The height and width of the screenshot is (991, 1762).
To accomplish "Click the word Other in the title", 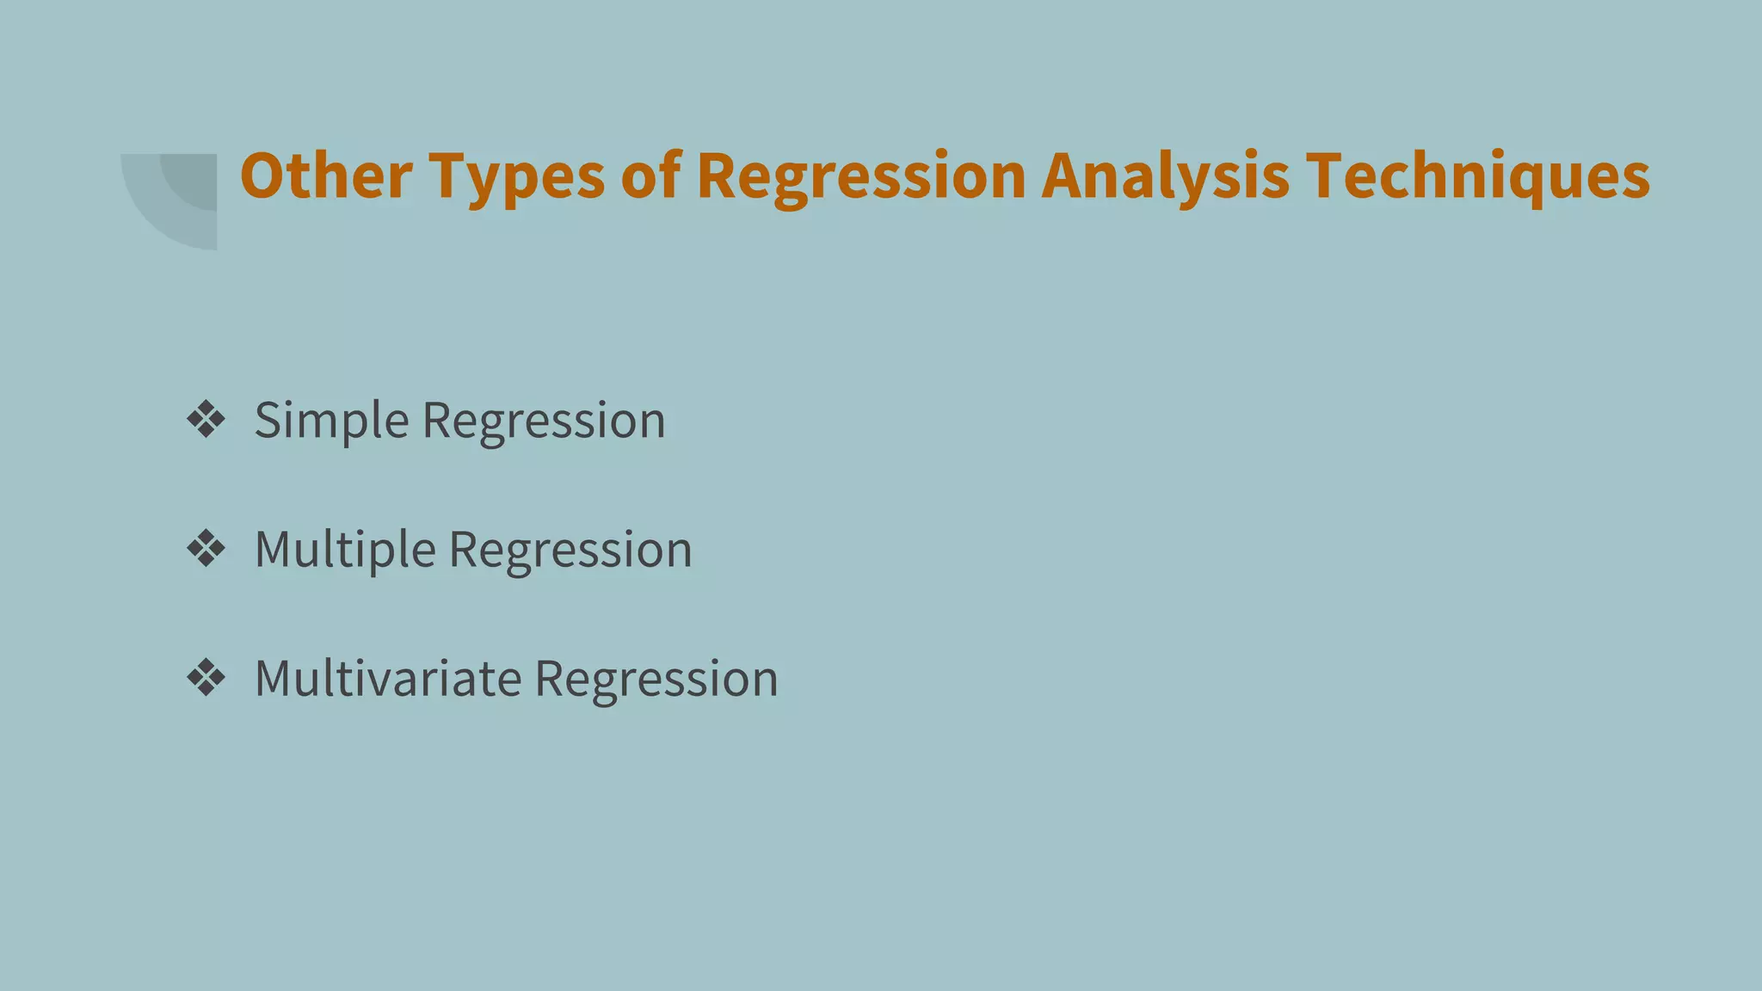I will point(326,175).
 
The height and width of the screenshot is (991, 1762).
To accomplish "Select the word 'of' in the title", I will point(651,175).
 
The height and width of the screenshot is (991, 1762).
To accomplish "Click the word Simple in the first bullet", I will point(331,422).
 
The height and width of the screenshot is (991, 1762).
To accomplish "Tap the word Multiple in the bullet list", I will point(344,551).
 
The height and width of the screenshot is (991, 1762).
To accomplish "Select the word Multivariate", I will point(388,679).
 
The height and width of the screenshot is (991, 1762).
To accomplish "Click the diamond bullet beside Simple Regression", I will point(206,420).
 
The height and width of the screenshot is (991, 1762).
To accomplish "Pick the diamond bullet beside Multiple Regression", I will point(206,549).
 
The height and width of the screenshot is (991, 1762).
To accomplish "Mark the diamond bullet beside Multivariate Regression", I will point(206,678).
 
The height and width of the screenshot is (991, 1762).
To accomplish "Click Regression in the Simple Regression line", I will point(544,422).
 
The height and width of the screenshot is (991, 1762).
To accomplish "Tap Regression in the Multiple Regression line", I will point(570,551).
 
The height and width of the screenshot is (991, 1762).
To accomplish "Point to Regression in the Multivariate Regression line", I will point(656,680).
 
